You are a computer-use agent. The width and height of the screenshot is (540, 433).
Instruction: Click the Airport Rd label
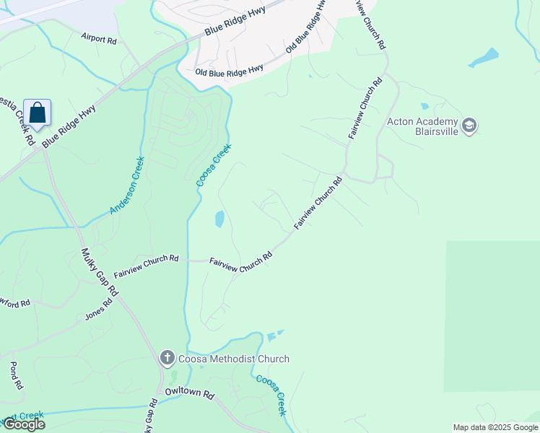(x=99, y=38)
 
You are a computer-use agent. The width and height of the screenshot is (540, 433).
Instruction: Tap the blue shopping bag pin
(x=38, y=113)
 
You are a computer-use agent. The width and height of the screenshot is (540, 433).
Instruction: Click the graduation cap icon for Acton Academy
(x=470, y=126)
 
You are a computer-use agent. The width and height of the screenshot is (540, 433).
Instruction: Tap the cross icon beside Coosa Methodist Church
(x=167, y=358)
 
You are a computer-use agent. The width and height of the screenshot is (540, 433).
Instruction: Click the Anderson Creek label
(x=127, y=185)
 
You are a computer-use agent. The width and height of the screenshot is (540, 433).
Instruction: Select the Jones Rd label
(x=99, y=310)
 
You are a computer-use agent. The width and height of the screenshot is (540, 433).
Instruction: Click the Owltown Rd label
(x=190, y=395)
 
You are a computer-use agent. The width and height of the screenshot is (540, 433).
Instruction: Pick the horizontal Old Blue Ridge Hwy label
(x=229, y=71)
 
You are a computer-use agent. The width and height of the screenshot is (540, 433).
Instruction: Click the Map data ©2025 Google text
(x=495, y=427)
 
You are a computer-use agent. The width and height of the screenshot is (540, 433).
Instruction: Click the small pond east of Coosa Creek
(x=219, y=218)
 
